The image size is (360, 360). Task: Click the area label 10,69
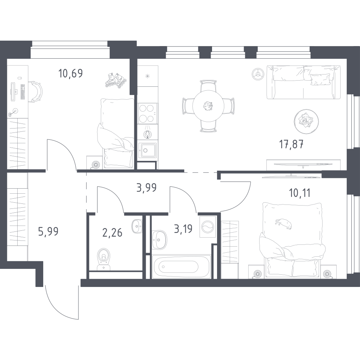71,73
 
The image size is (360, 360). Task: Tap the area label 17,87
291,145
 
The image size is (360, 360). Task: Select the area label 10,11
300,193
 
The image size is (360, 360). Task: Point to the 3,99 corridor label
147,188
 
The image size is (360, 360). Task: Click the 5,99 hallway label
49,231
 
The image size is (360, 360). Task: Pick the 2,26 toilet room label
112,233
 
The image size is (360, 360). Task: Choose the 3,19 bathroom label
183,229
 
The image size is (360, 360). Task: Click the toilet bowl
104,259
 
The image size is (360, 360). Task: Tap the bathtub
181,266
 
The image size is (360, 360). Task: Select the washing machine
208,226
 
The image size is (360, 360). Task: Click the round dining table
208,106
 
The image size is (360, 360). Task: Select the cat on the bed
284,224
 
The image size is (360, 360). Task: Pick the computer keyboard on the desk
22,91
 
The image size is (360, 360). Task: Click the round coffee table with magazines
306,121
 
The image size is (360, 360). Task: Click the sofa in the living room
303,82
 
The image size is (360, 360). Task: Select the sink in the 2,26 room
137,226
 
